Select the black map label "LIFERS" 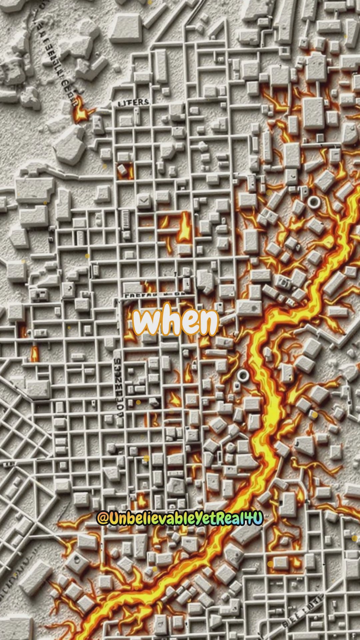133,102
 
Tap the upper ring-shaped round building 314,202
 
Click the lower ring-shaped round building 243,376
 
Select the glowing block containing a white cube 123,170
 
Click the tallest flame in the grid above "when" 184,227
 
